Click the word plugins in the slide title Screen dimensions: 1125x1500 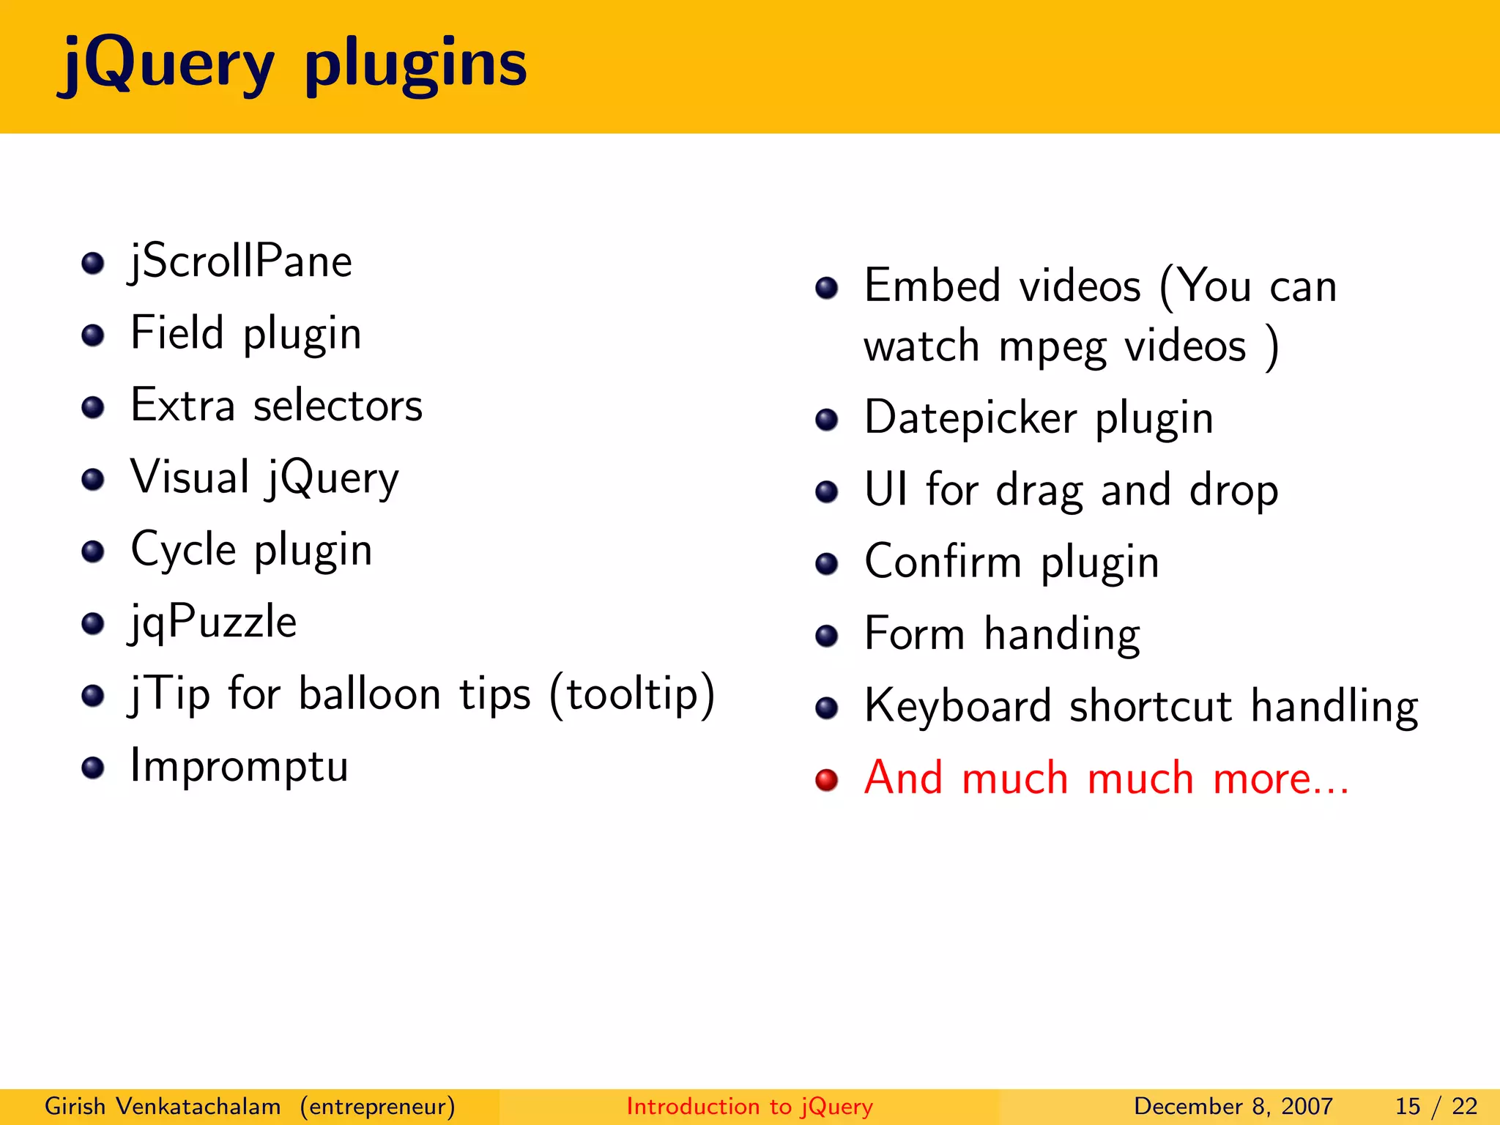(415, 66)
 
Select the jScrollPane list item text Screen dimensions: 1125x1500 (241, 262)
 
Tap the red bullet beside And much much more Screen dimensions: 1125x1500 (826, 780)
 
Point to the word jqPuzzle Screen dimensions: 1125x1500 (213, 623)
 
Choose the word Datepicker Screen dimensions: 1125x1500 (970, 419)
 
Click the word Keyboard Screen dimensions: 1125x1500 (957, 707)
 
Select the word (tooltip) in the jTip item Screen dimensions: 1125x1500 (632, 694)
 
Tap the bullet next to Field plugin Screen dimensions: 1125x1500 (93, 335)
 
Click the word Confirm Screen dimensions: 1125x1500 (943, 562)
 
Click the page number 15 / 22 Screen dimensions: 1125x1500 (1436, 1106)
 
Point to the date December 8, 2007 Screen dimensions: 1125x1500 (1233, 1106)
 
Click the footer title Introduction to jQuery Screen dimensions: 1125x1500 (749, 1106)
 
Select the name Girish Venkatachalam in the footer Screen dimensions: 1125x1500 (163, 1106)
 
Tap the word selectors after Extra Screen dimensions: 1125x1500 (338, 406)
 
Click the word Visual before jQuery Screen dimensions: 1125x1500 (190, 478)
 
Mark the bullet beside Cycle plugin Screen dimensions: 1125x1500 (93, 552)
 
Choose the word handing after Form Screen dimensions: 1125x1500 (1061, 634)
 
